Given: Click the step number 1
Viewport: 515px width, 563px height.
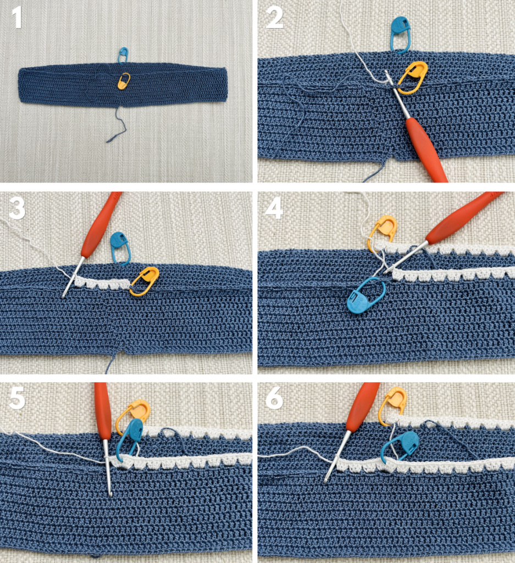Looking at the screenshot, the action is pyautogui.click(x=17, y=19).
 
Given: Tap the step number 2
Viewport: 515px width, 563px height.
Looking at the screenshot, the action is pyautogui.click(x=275, y=19).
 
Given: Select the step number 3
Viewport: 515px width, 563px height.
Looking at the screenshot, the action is pyautogui.click(x=17, y=209).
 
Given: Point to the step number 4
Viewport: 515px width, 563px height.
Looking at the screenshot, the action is pyautogui.click(x=274, y=209).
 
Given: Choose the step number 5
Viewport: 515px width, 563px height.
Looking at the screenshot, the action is pyautogui.click(x=17, y=398).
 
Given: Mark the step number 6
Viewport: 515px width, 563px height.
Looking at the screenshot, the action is pyautogui.click(x=274, y=398).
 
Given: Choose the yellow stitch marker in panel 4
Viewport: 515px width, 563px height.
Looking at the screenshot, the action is pyautogui.click(x=381, y=231).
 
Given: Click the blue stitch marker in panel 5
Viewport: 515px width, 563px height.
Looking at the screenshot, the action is pyautogui.click(x=130, y=440).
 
